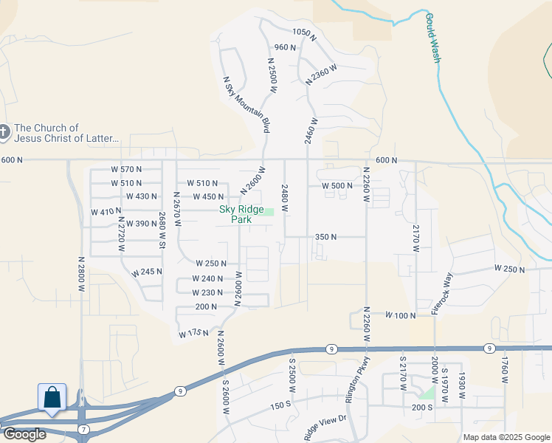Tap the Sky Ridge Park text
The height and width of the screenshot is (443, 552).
[x=241, y=214]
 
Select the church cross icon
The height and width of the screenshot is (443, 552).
[x=4, y=133]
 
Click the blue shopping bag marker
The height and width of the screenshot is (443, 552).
[x=52, y=397]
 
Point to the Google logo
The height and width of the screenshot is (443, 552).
[x=24, y=434]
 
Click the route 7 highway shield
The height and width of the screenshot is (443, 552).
[x=85, y=429]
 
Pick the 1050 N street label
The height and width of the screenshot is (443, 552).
[x=304, y=33]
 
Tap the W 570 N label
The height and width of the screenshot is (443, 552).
[x=126, y=169]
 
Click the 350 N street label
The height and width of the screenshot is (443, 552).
[x=325, y=237]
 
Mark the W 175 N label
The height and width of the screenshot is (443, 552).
[x=196, y=334]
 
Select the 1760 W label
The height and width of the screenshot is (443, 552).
[x=505, y=369]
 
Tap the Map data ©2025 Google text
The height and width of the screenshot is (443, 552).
[x=506, y=437]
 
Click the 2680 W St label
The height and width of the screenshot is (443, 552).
[x=162, y=230]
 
